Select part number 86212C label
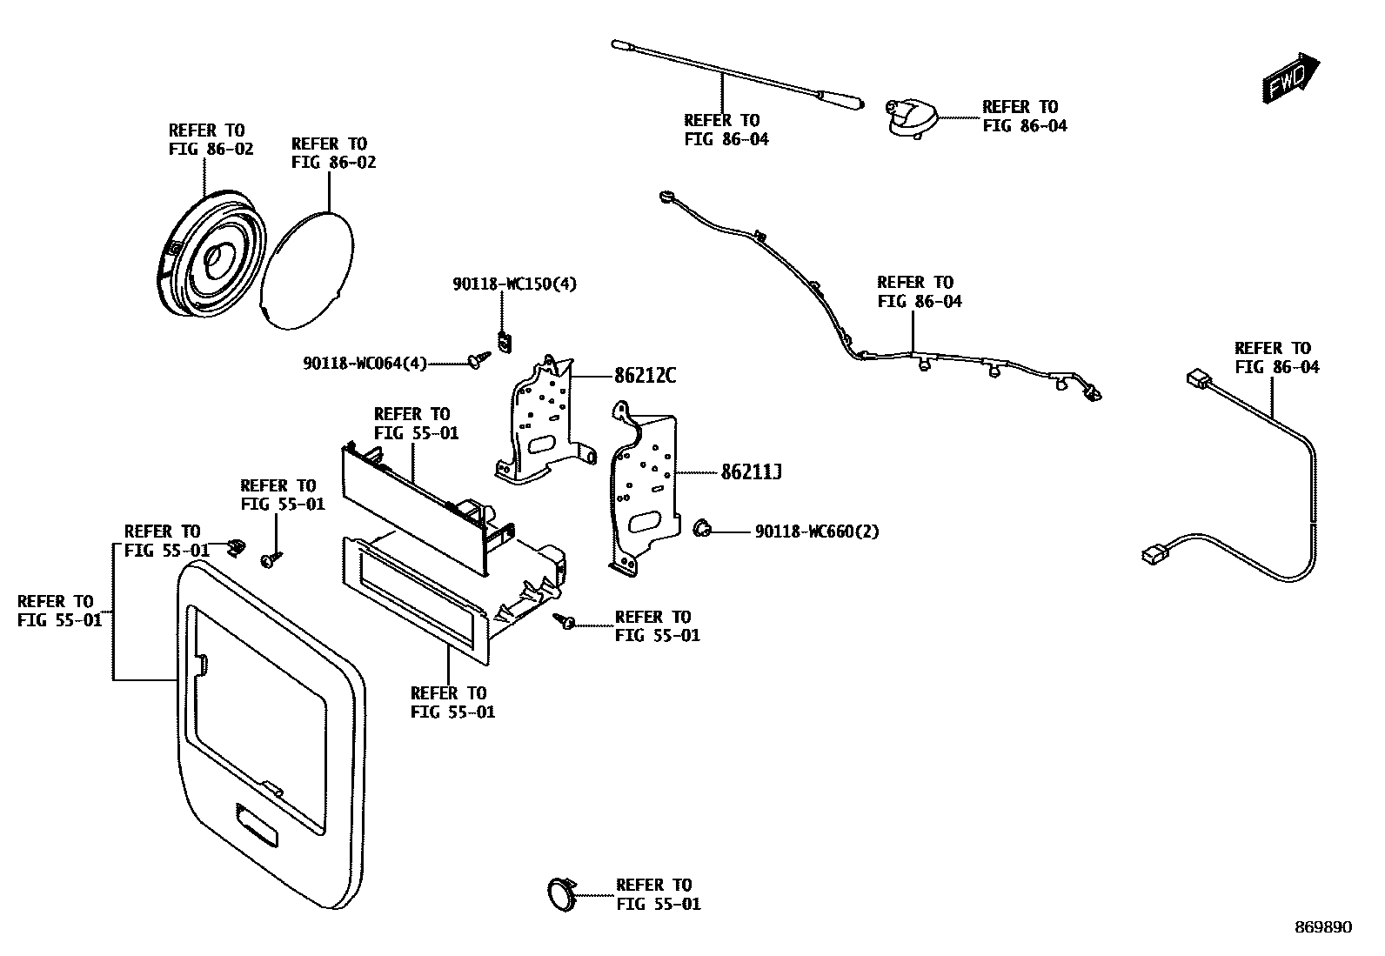point(645,376)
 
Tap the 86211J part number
point(752,472)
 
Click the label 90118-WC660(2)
point(816,531)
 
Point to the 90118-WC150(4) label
point(514,284)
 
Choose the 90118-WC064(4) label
point(365,364)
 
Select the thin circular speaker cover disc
point(309,270)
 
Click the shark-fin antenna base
point(910,117)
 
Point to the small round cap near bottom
point(560,894)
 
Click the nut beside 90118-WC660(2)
point(702,527)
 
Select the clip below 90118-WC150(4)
point(504,341)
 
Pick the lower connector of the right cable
point(1153,553)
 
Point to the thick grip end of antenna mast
point(841,97)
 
